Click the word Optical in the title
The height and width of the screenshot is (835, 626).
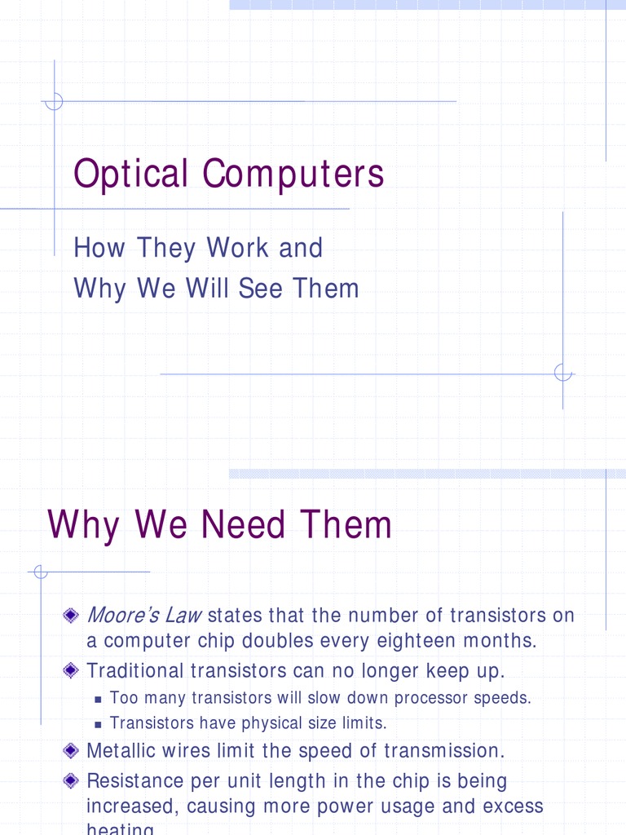(x=131, y=174)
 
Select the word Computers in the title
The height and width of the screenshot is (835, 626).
(x=293, y=174)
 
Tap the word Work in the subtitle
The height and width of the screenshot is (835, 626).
(x=240, y=248)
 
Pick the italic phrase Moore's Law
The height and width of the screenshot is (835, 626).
(x=143, y=614)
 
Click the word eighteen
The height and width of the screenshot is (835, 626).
(x=417, y=641)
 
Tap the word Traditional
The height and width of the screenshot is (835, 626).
(x=135, y=671)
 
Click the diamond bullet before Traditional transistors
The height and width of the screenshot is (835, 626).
(x=72, y=671)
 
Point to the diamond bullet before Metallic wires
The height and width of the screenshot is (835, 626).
(x=72, y=750)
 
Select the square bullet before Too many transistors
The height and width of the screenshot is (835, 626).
(x=98, y=699)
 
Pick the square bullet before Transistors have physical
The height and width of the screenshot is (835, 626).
(x=98, y=724)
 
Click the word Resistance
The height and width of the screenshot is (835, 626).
(x=136, y=780)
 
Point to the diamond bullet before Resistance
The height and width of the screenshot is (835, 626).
(x=72, y=780)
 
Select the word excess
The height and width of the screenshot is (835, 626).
(x=512, y=806)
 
